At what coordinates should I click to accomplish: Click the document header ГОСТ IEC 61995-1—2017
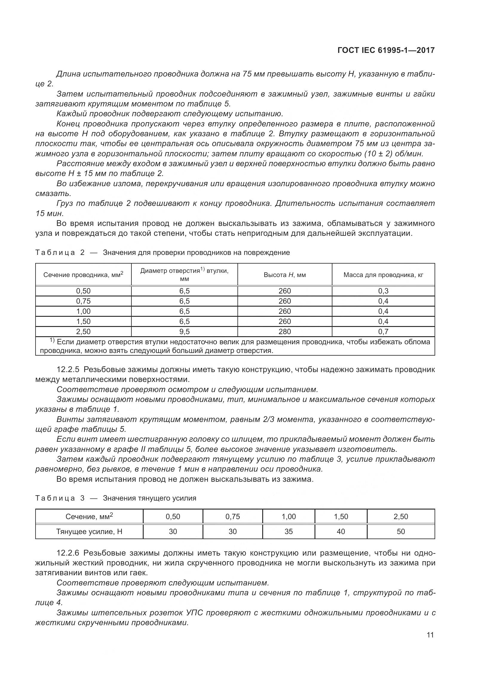pos(386,50)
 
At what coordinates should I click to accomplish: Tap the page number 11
pos(430,635)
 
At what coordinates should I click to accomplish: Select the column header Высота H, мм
pos(284,275)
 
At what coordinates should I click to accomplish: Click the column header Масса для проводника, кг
pos(383,275)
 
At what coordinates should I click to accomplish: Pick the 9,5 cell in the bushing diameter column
pos(184,331)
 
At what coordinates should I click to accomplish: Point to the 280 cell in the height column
pos(284,331)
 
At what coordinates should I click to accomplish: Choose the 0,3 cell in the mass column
pos(383,291)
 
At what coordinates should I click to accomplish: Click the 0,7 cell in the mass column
pos(383,331)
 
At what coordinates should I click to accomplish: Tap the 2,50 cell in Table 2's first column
pos(83,331)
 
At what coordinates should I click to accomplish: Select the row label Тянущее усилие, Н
pos(89,532)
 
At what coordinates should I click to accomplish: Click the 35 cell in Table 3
pos(289,532)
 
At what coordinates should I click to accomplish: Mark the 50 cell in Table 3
pos(401,532)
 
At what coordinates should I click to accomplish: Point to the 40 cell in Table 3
pos(341,532)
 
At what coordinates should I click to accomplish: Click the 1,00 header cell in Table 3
pos(289,517)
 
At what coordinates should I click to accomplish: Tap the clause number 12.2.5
pos(68,370)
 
